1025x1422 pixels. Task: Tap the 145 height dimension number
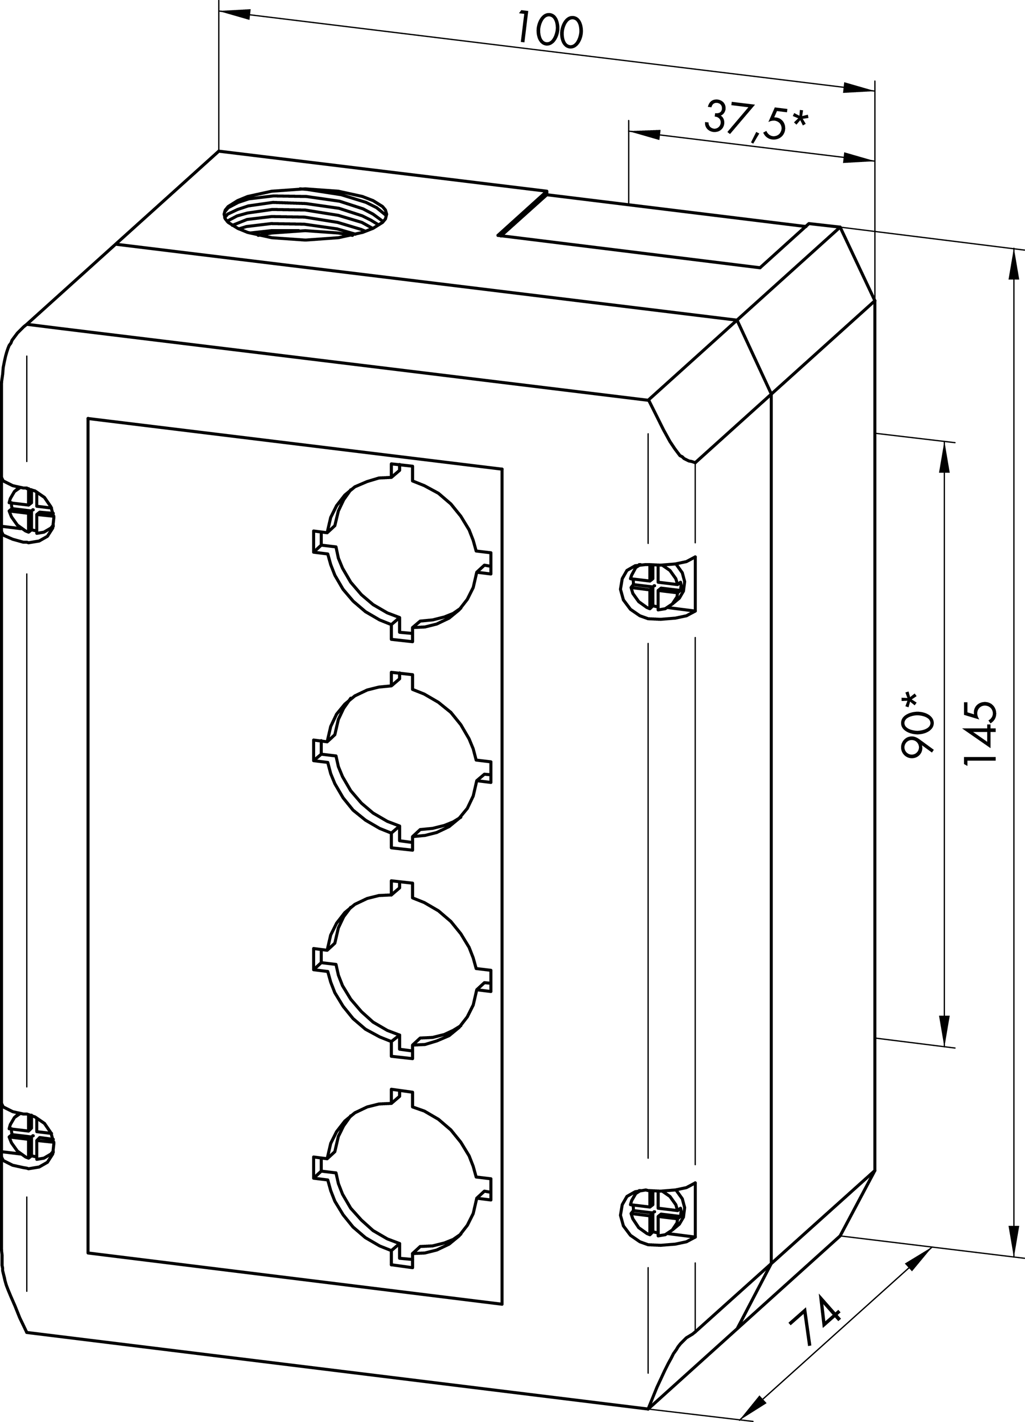point(980,732)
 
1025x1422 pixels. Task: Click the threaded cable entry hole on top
point(305,214)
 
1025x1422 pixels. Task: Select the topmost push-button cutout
point(402,552)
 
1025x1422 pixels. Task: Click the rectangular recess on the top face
point(650,230)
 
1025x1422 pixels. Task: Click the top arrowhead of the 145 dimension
point(1013,263)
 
